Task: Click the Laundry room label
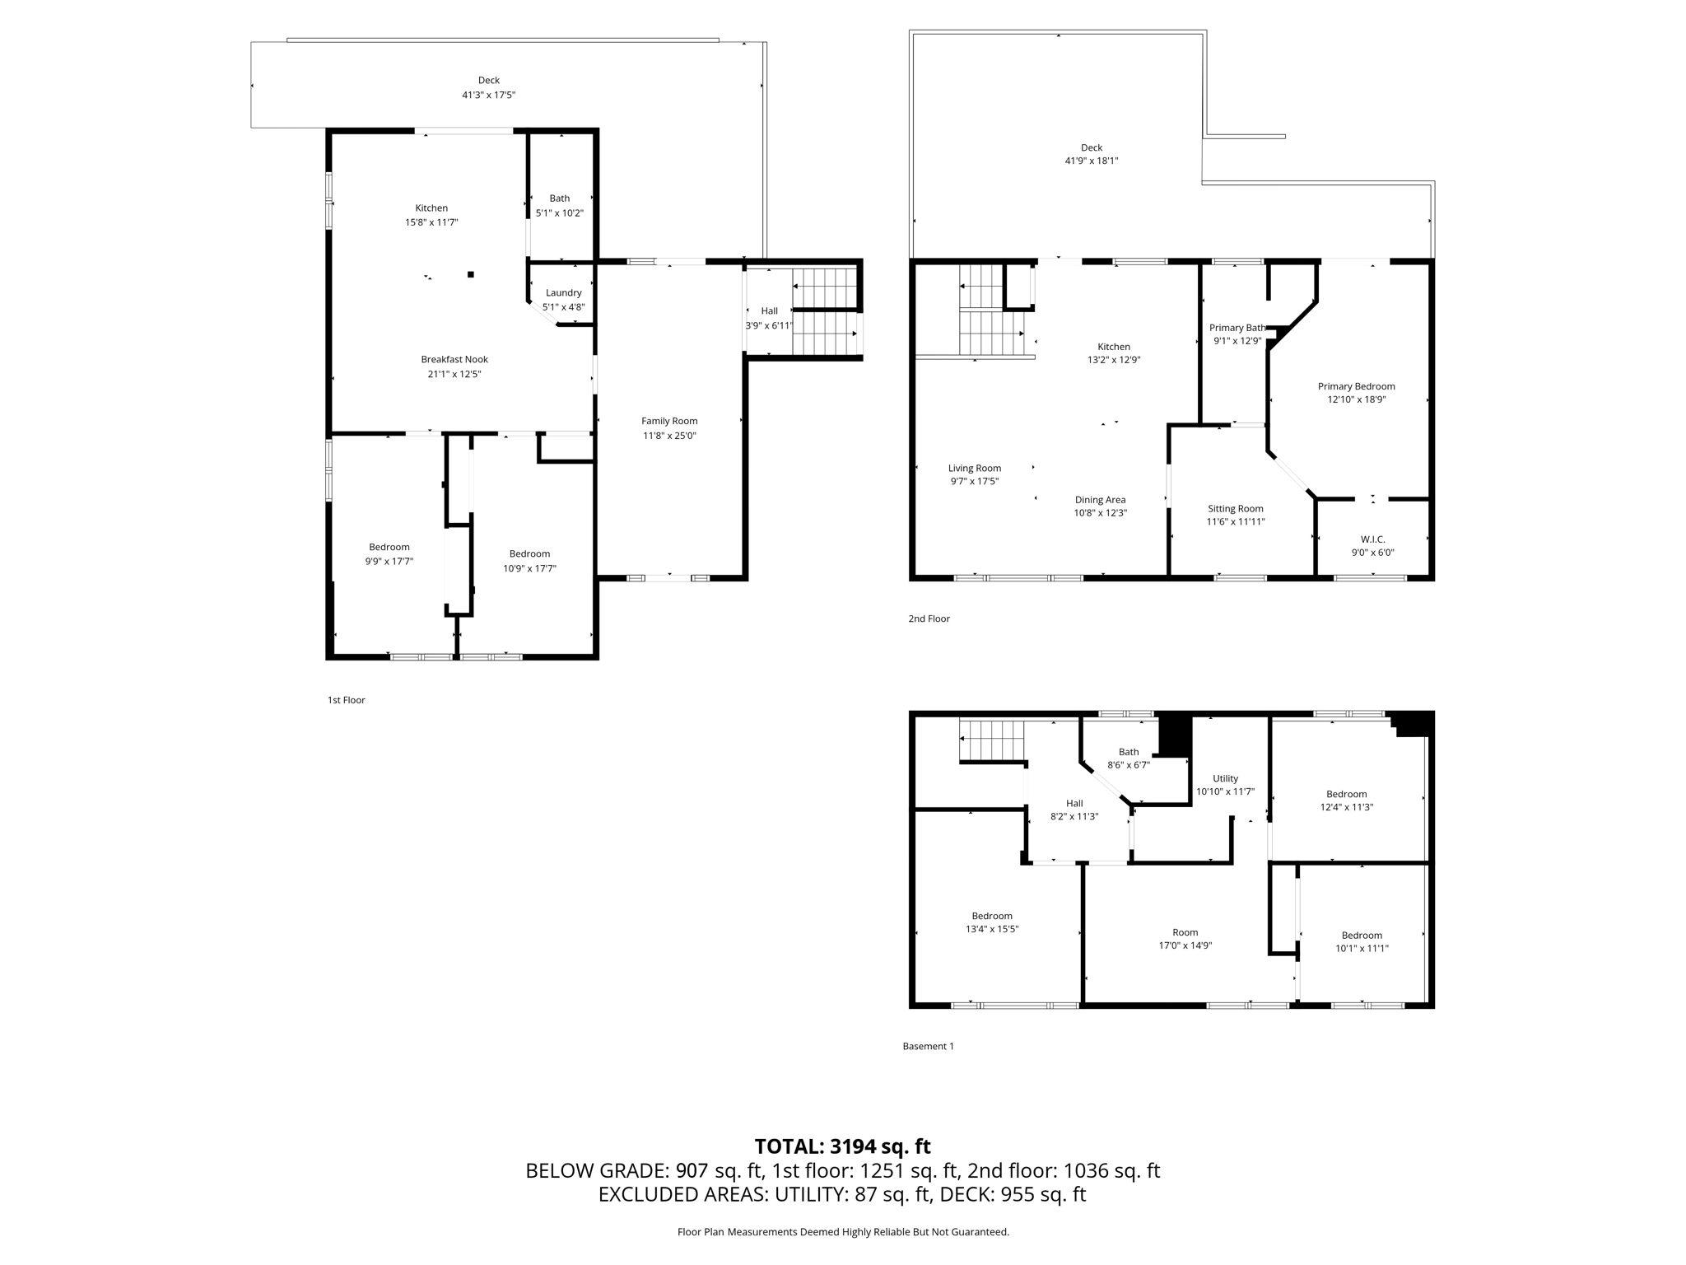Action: (x=563, y=292)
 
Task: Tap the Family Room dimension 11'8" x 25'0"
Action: (x=669, y=436)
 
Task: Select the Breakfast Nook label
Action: (x=454, y=359)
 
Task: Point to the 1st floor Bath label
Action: (x=559, y=198)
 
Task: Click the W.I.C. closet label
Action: (x=1372, y=539)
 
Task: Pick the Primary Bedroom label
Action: (x=1356, y=386)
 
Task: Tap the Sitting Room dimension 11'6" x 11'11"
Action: (x=1235, y=521)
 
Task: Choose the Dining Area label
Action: (x=1100, y=500)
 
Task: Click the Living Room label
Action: (x=974, y=468)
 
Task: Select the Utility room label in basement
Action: (x=1225, y=778)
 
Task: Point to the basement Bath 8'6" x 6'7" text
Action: (x=1128, y=764)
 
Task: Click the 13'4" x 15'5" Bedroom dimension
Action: (x=991, y=929)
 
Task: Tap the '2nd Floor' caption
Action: (x=929, y=618)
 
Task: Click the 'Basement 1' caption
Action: (x=928, y=1046)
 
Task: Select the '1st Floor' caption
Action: (x=346, y=700)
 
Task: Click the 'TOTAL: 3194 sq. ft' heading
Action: (x=842, y=1146)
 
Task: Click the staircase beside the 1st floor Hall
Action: (x=825, y=311)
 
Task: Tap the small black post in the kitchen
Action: (x=471, y=274)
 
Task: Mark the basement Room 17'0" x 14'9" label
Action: (x=1185, y=939)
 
